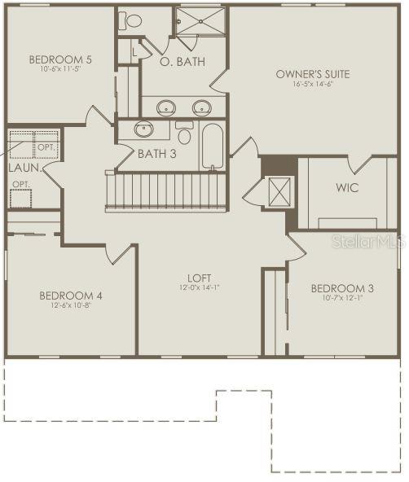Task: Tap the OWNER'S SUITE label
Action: [312, 74]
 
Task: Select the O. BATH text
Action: [182, 61]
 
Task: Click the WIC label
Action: [347, 186]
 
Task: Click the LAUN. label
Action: [24, 167]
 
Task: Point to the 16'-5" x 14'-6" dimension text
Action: [312, 85]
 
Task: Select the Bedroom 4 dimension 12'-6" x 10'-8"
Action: [70, 305]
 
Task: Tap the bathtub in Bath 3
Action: [212, 146]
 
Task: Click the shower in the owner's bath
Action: [198, 21]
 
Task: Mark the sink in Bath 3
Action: [145, 129]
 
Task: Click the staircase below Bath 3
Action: [166, 191]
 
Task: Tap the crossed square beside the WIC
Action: [279, 192]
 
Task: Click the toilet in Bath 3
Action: [184, 134]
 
